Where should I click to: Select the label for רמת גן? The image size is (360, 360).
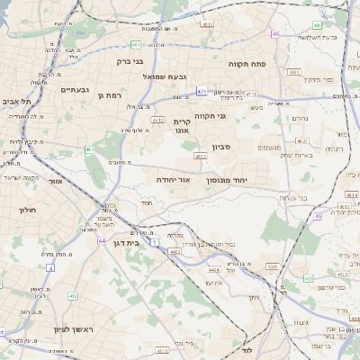[110, 94]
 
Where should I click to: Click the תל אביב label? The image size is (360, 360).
[18, 102]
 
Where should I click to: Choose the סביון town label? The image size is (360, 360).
[222, 147]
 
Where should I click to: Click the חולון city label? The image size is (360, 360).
[25, 209]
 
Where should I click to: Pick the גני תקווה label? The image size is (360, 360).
[234, 115]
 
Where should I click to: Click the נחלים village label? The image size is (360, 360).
[300, 118]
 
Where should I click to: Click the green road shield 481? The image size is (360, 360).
[135, 44]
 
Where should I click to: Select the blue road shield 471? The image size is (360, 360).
[202, 91]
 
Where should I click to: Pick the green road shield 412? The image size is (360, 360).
[73, 295]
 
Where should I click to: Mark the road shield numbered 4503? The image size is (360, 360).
[272, 265]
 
